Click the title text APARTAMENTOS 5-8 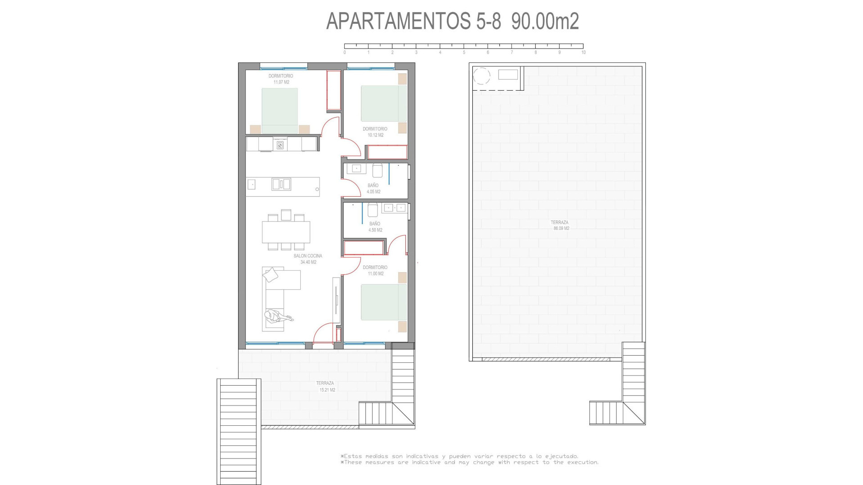(414, 21)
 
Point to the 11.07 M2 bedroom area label (281, 82)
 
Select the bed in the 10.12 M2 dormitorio (379, 104)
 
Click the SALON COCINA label (308, 256)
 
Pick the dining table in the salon (286, 232)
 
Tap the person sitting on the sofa (275, 317)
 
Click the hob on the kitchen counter (280, 145)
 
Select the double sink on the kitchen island (281, 184)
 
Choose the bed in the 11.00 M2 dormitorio (379, 302)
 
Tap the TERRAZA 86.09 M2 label (560, 225)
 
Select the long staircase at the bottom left (239, 431)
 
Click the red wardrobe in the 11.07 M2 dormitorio (334, 91)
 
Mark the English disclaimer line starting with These (470, 462)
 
